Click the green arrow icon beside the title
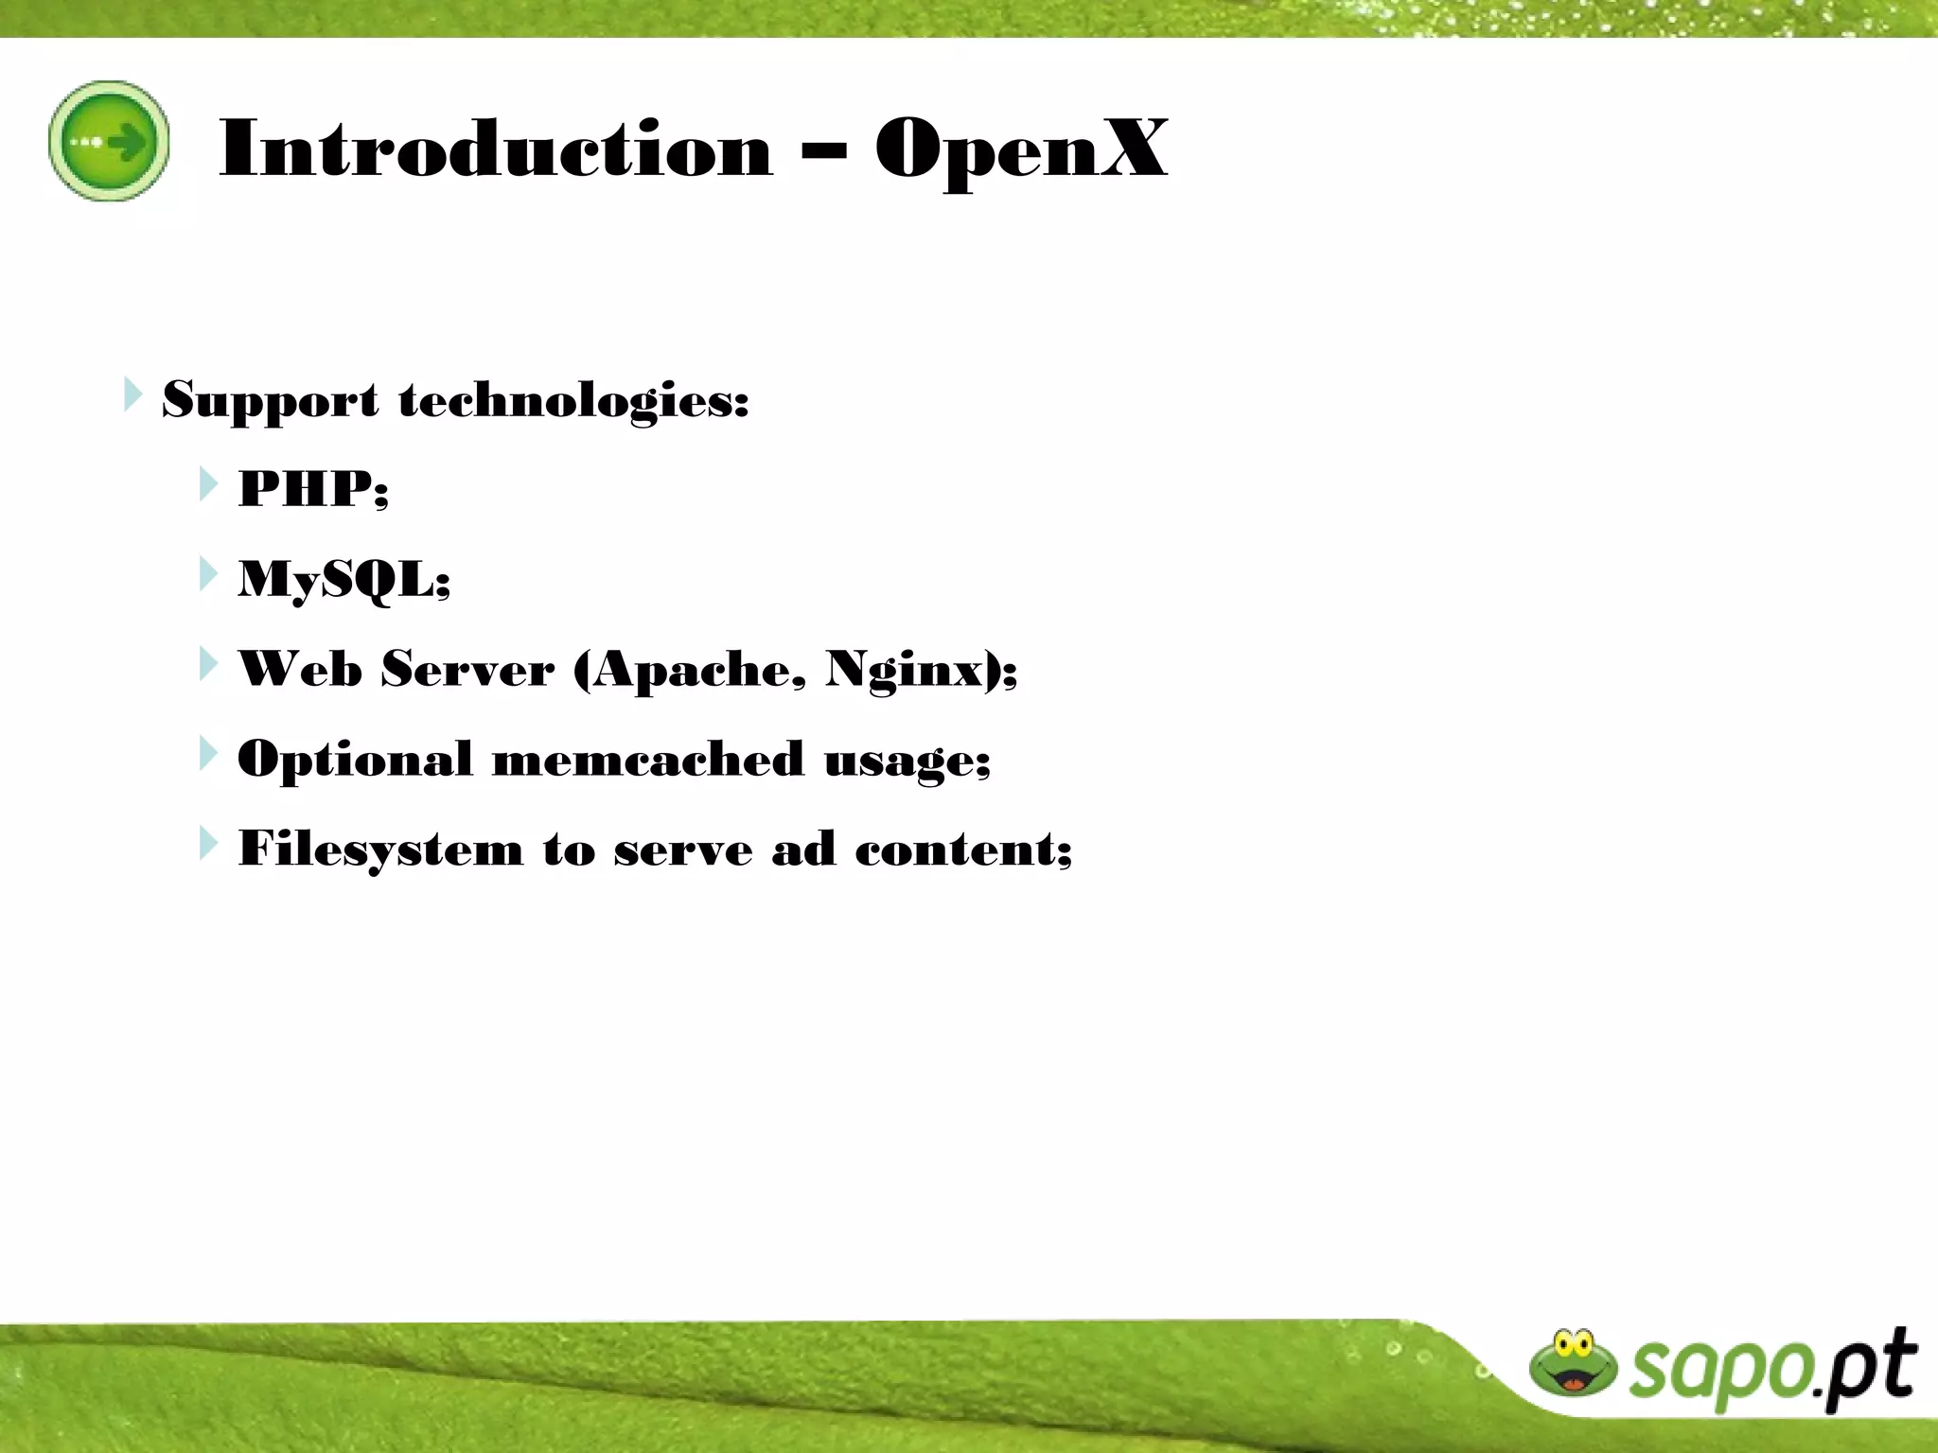pyautogui.click(x=109, y=141)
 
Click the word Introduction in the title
pyautogui.click(x=496, y=149)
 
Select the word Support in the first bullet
pyautogui.click(x=271, y=400)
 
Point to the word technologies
pyautogui.click(x=573, y=400)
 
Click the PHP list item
pyautogui.click(x=312, y=489)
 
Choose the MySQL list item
pyautogui.click(x=344, y=579)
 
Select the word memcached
pyautogui.click(x=647, y=759)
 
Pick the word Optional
pyautogui.click(x=355, y=760)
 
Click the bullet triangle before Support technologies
pyautogui.click(x=132, y=394)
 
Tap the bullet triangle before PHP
pyautogui.click(x=208, y=484)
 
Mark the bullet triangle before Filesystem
pyautogui.click(x=208, y=843)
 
